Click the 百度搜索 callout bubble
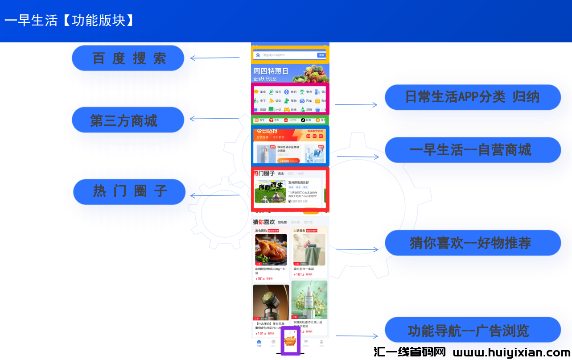click(x=128, y=58)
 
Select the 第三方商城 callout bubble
click(x=128, y=120)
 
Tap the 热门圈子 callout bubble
click(x=129, y=192)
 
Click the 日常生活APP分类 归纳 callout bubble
click(x=472, y=97)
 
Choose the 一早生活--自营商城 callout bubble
click(x=472, y=150)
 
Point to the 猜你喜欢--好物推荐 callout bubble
click(x=472, y=243)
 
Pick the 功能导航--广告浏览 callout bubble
click(x=472, y=331)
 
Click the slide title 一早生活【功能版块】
click(x=70, y=21)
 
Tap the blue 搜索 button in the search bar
click(x=321, y=55)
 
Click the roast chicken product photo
click(x=271, y=250)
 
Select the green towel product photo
click(x=309, y=250)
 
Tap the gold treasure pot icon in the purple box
click(x=290, y=342)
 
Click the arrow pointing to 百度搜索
click(x=214, y=58)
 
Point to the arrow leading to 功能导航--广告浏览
click(x=356, y=336)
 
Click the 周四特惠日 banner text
click(x=271, y=71)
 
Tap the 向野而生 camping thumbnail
click(x=270, y=191)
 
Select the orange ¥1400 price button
click(x=285, y=161)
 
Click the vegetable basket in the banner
click(x=312, y=74)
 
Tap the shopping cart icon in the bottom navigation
click(x=306, y=342)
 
